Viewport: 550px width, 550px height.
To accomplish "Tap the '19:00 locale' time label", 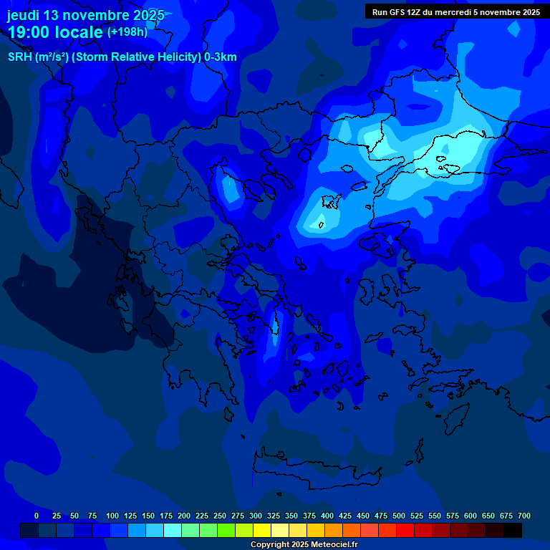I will (55, 32).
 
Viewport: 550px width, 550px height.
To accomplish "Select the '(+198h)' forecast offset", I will (127, 32).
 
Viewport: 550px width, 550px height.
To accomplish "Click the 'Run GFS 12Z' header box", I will (455, 11).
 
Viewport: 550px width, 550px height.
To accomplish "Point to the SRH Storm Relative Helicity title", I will (122, 57).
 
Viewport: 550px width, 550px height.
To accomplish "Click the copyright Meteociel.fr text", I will (304, 544).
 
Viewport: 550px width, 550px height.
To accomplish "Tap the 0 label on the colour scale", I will (37, 516).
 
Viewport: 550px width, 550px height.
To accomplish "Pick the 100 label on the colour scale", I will (112, 516).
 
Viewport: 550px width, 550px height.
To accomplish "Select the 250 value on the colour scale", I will (220, 516).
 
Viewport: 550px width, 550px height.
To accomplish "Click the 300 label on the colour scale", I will (256, 516).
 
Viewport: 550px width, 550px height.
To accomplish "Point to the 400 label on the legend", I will (327, 516).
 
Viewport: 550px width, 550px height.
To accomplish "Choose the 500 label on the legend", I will (399, 516).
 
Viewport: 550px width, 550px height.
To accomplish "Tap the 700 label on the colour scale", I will (524, 516).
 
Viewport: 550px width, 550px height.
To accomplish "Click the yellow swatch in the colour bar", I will (262, 530).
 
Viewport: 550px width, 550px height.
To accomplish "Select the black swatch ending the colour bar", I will (513, 530).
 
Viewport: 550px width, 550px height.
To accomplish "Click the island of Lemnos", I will (330, 203).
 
